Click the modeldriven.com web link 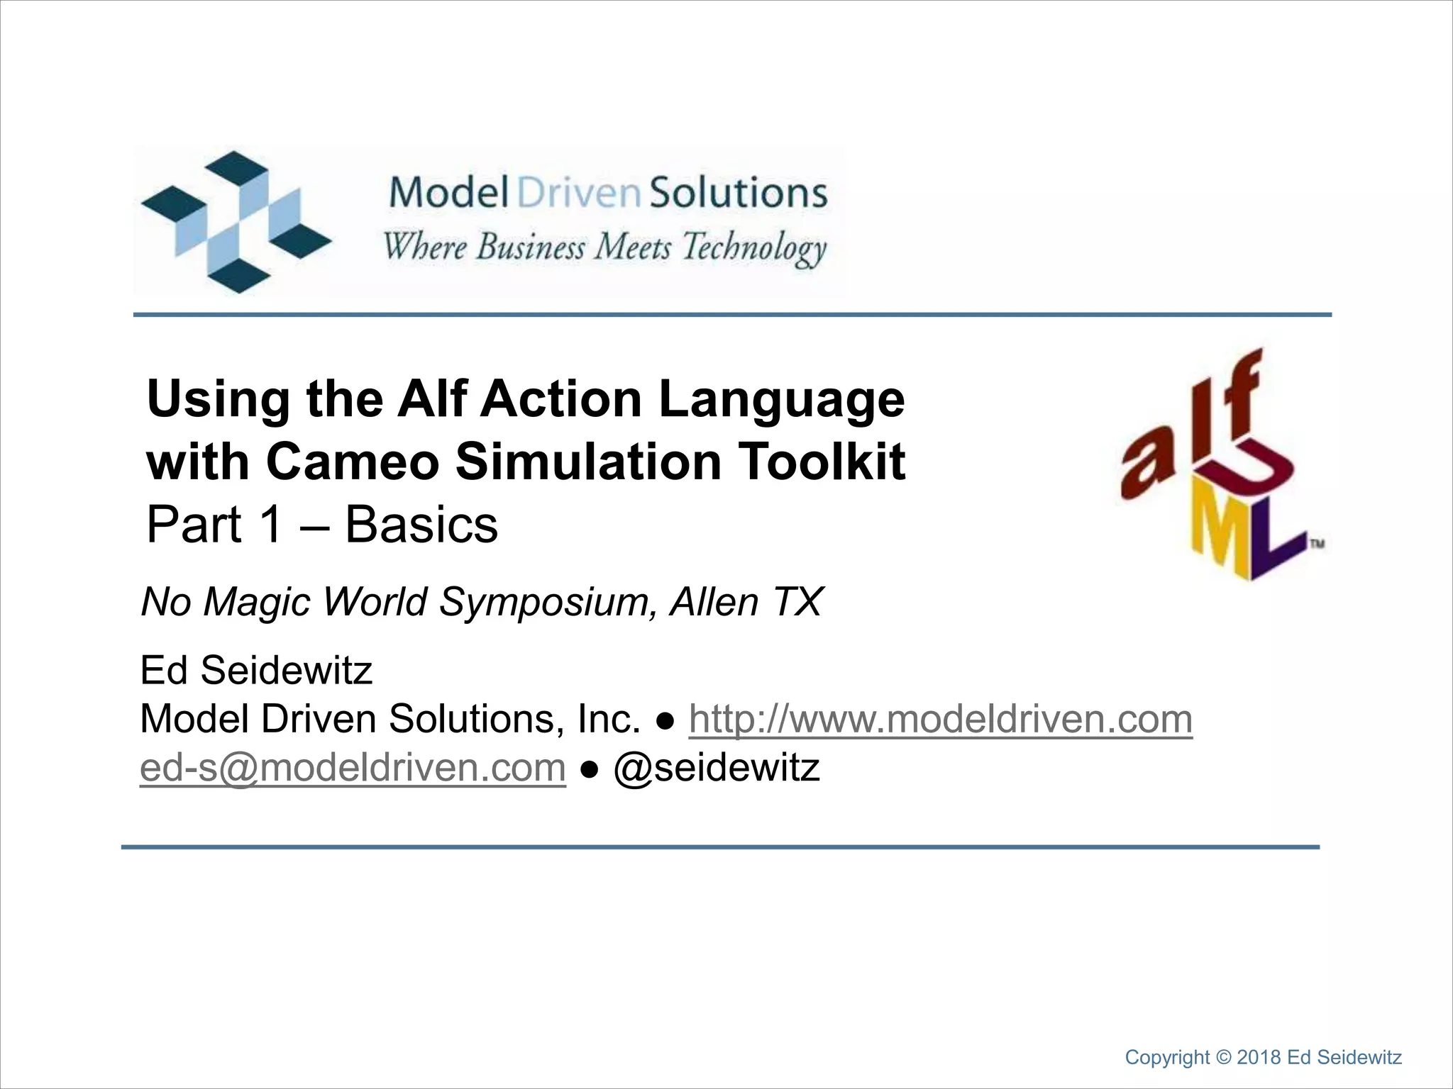point(940,719)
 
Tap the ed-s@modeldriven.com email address point(353,767)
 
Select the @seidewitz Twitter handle point(716,767)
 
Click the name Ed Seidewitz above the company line point(256,671)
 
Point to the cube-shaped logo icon point(236,221)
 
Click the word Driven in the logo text point(579,193)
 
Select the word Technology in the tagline point(754,248)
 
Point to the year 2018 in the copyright point(1259,1058)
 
